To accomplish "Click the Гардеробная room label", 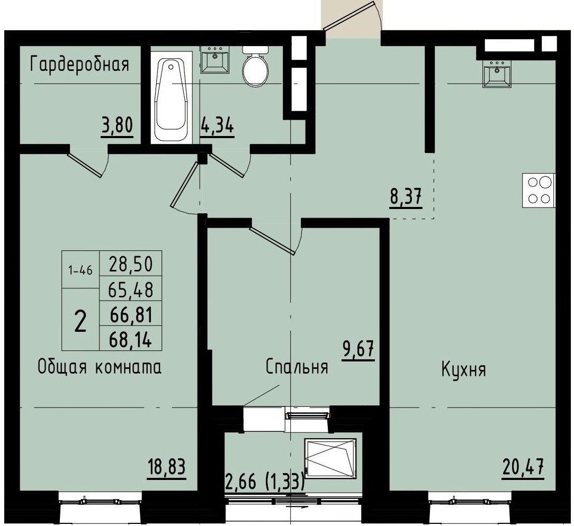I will pos(79,65).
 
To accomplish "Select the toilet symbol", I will pos(256,67).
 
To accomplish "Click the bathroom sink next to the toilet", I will pos(215,60).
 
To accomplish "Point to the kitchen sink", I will pos(498,74).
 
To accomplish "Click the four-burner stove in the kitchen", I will pos(539,190).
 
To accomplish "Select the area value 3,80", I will pos(115,126).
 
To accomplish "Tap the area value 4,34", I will pos(217,126).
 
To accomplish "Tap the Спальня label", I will pos(297,367).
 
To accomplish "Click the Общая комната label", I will pos(99,367).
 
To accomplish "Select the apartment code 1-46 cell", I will pos(80,270).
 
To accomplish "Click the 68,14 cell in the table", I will pos(130,340).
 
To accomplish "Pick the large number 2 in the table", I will pos(80,320).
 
